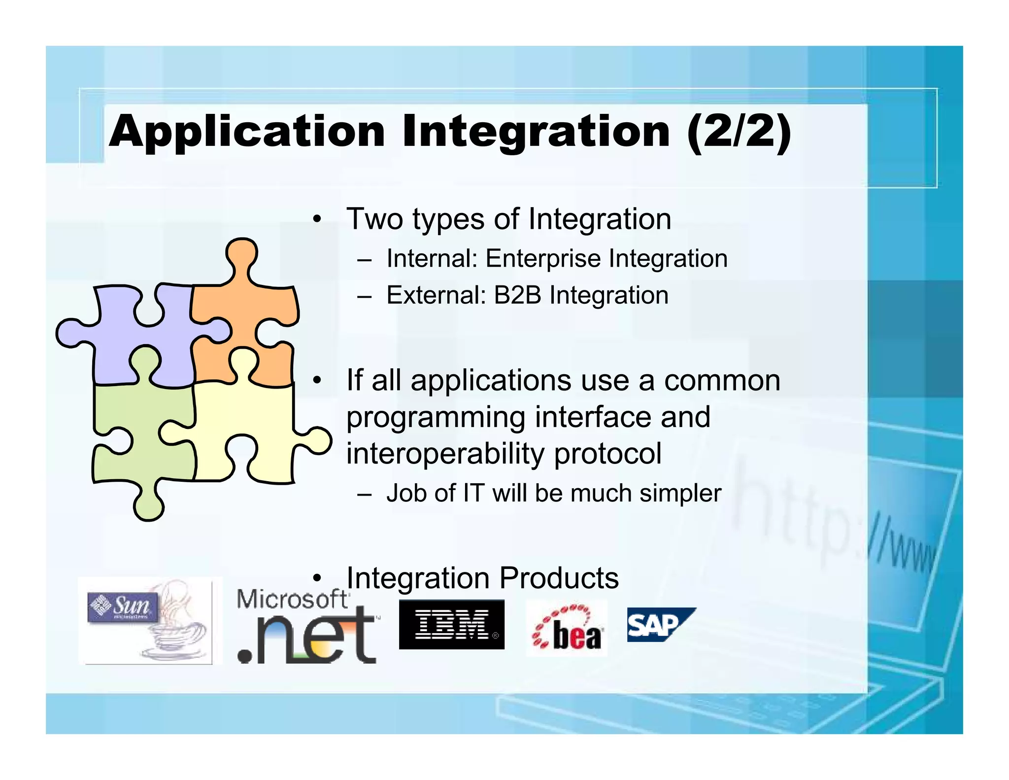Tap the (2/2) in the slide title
tap(739, 132)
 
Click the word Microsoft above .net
tap(293, 600)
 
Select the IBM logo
tap(451, 624)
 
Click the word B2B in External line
tap(517, 295)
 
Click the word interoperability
tap(446, 454)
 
